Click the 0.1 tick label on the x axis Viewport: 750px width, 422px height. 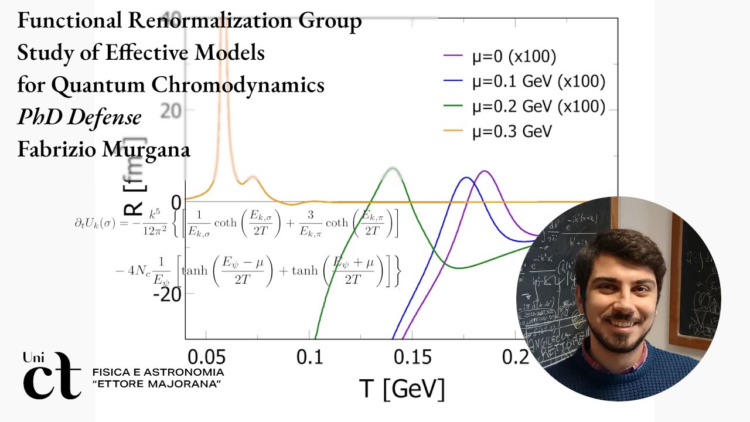click(x=309, y=357)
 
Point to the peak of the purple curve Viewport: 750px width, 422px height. click(x=485, y=171)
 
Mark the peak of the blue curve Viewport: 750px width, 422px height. click(x=466, y=178)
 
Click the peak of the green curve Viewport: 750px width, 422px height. click(x=391, y=169)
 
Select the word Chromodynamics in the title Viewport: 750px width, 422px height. click(x=238, y=85)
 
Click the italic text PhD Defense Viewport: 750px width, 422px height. click(x=79, y=117)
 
